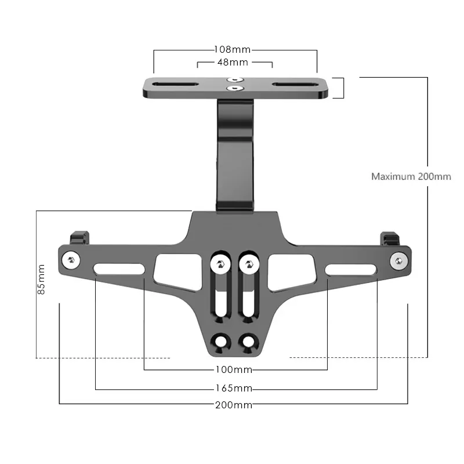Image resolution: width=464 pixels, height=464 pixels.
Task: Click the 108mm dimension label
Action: click(x=235, y=50)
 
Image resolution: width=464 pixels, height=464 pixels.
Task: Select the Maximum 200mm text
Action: click(x=411, y=176)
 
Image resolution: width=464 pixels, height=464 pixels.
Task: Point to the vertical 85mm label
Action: click(x=41, y=280)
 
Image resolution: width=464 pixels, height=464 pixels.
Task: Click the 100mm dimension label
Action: click(x=234, y=369)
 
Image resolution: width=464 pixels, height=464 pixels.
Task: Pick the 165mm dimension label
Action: click(x=234, y=388)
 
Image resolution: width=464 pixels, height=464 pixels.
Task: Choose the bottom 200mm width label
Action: click(x=234, y=405)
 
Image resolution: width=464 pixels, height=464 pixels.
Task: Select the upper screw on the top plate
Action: click(x=235, y=79)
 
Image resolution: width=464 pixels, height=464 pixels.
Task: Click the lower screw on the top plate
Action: click(x=235, y=89)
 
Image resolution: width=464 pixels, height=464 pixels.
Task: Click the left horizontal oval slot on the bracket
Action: click(x=119, y=269)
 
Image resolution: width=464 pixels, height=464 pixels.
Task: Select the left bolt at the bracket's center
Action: click(x=220, y=264)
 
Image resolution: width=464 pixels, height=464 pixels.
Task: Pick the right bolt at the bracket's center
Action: click(x=249, y=264)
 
